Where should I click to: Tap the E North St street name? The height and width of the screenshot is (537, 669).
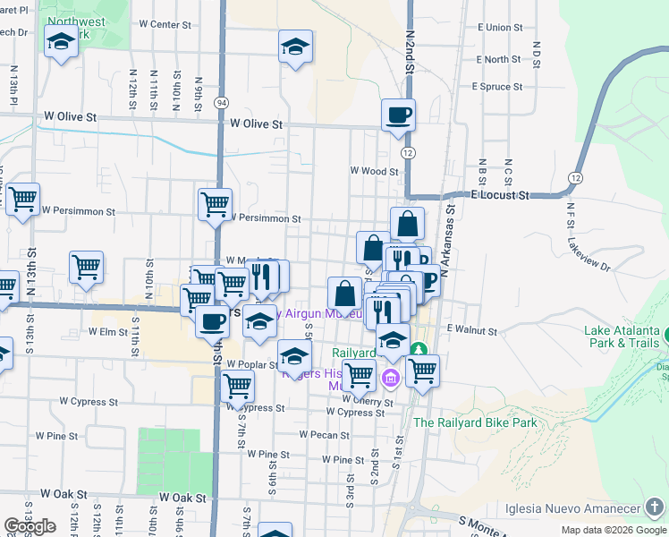pyautogui.click(x=498, y=60)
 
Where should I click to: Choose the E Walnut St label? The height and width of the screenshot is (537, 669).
pyautogui.click(x=471, y=330)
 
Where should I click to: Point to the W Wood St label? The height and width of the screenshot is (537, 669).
pyautogui.click(x=374, y=170)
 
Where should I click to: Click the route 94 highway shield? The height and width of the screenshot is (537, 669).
pyautogui.click(x=220, y=103)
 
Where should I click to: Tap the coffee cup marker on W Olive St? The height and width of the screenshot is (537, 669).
pyautogui.click(x=398, y=115)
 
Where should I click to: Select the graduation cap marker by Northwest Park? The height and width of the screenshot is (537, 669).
pyautogui.click(x=61, y=42)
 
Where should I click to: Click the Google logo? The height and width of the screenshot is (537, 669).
pyautogui.click(x=30, y=526)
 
